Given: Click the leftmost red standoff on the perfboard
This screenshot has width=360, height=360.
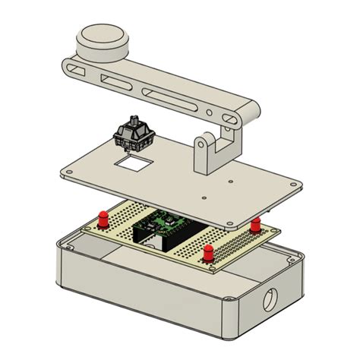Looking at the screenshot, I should [x=101, y=219].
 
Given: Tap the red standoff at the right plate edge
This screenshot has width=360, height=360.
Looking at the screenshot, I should [x=256, y=224].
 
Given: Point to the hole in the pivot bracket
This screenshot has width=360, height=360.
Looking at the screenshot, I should [x=204, y=142].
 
